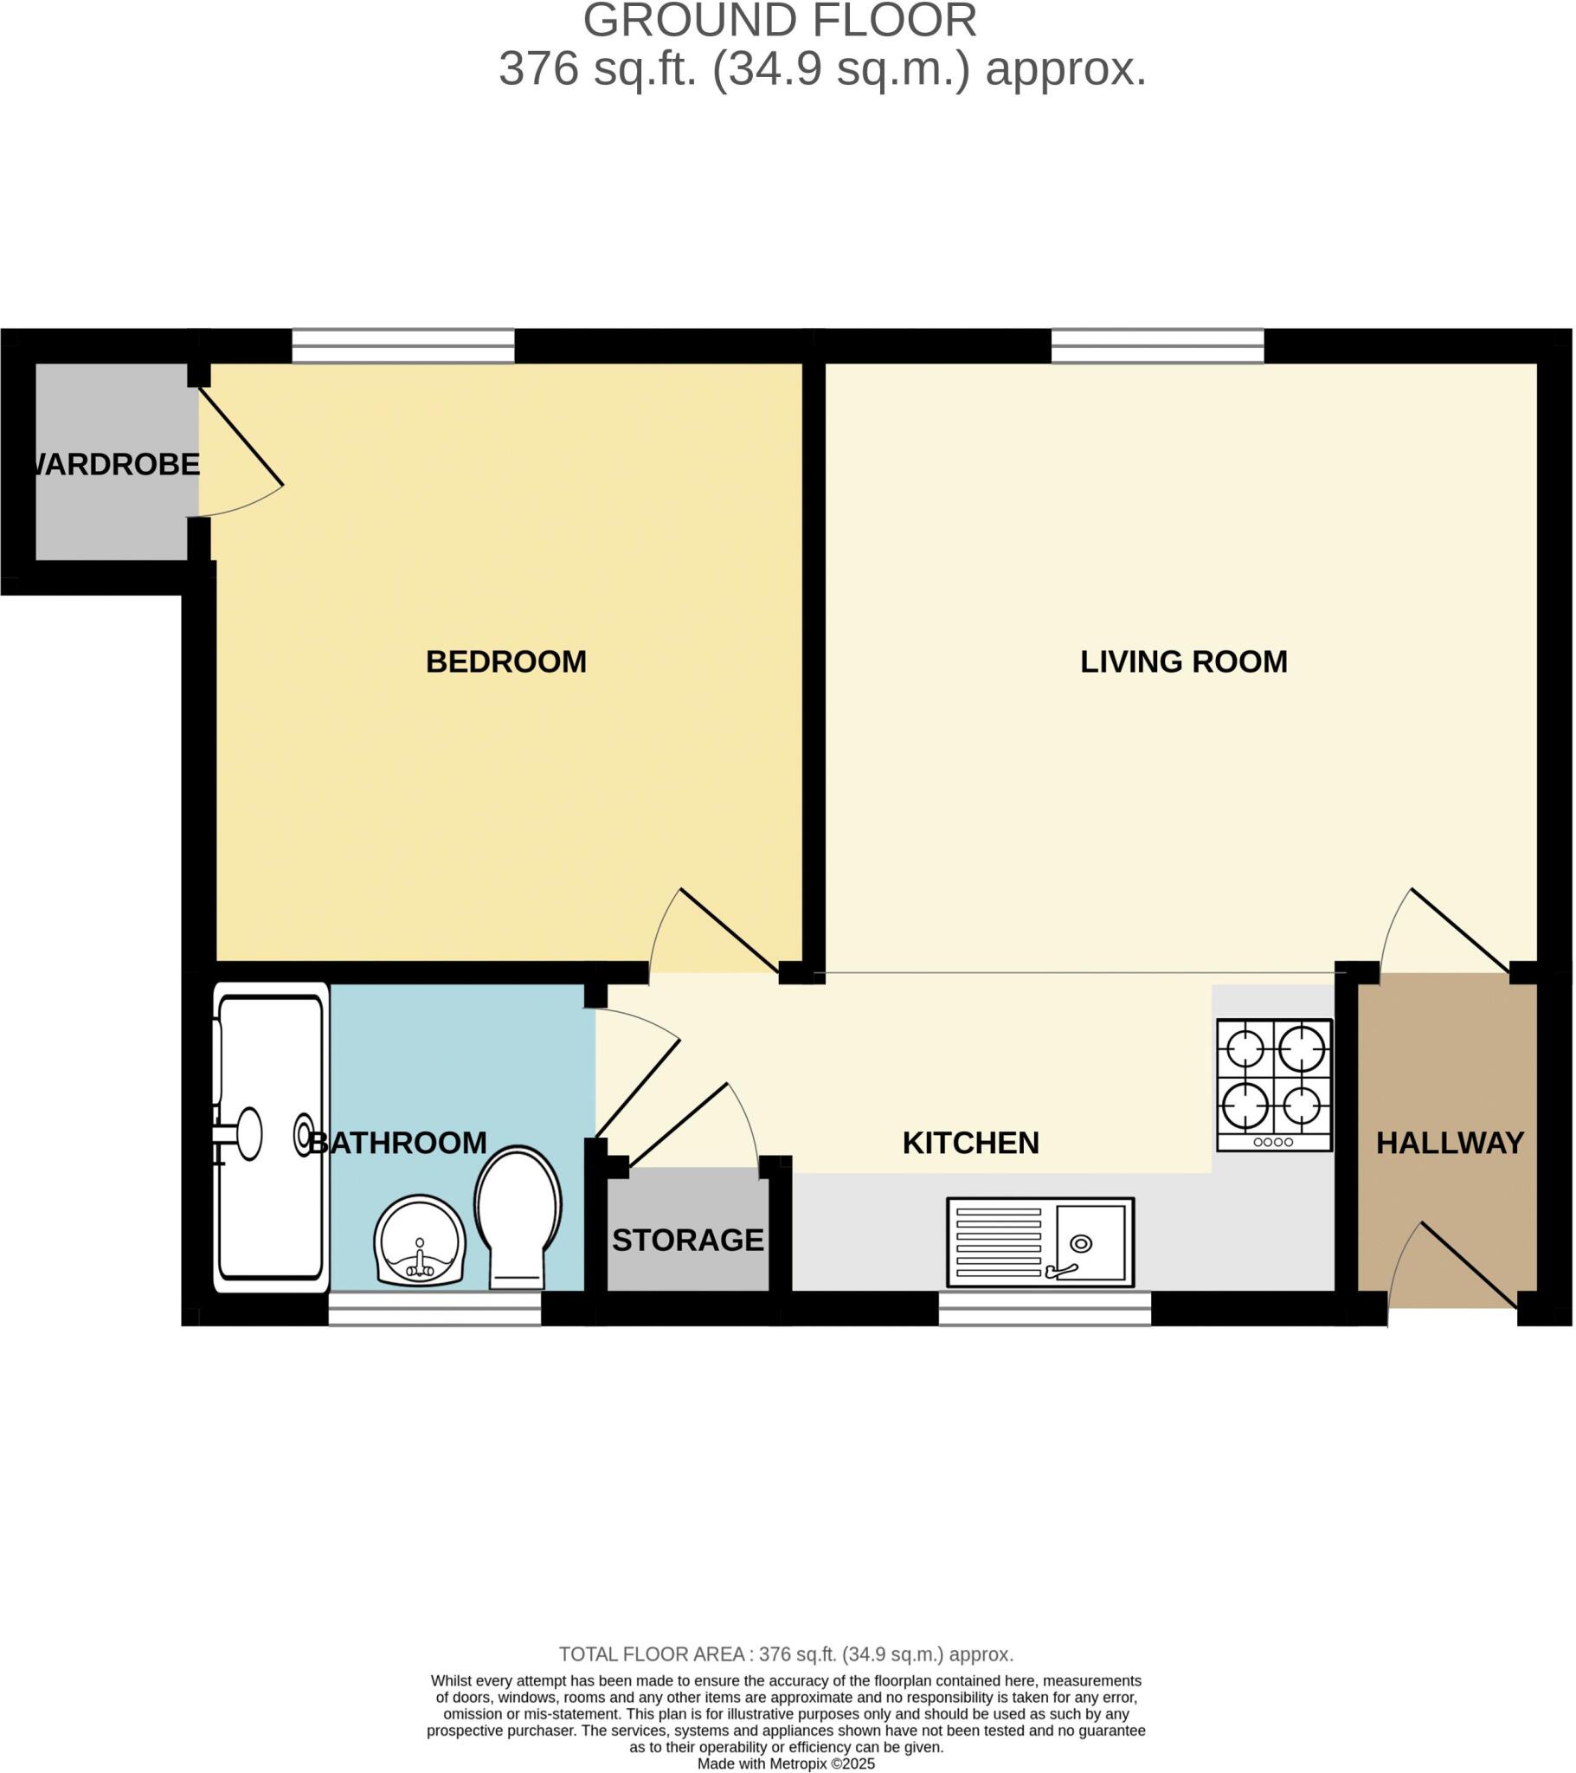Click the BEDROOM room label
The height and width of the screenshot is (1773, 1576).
click(x=505, y=661)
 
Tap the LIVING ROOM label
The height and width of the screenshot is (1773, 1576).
click(x=1183, y=661)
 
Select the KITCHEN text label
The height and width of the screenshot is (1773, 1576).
click(x=969, y=1144)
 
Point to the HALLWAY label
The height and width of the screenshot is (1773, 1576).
click(x=1450, y=1144)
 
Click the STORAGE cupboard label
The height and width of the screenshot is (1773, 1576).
click(x=688, y=1241)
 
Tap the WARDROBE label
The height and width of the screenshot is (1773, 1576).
click(x=114, y=465)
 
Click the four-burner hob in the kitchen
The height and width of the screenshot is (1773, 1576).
click(x=1273, y=1085)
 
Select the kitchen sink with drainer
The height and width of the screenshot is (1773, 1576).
click(x=1040, y=1242)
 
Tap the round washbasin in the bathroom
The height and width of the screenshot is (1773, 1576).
click(x=420, y=1241)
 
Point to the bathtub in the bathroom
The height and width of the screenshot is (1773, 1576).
click(x=271, y=1138)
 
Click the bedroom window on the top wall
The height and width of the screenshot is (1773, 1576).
click(x=403, y=346)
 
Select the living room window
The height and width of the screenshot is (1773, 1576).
click(x=1157, y=346)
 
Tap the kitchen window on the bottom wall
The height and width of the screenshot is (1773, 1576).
click(x=1045, y=1308)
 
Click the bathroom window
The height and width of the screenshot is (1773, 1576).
click(x=434, y=1308)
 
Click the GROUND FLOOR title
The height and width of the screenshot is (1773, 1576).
click(x=780, y=21)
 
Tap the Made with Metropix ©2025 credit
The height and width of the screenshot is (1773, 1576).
click(x=787, y=1763)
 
